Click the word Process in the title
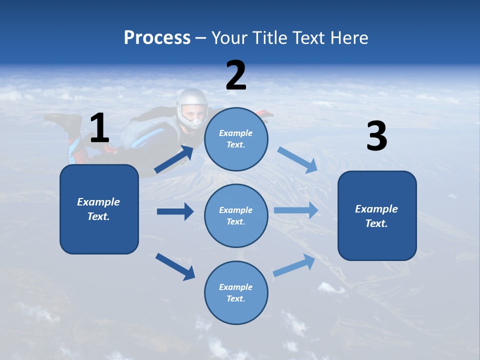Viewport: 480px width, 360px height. click(157, 37)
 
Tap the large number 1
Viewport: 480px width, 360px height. click(99, 128)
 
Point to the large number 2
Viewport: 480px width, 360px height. click(236, 75)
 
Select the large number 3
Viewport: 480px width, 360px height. click(376, 136)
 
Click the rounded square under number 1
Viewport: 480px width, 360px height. click(99, 209)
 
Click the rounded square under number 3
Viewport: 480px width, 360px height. click(377, 216)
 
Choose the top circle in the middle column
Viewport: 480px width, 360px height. click(236, 139)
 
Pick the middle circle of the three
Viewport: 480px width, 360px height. click(236, 215)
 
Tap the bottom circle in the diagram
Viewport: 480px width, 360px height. click(236, 292)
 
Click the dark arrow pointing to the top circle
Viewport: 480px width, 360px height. click(173, 159)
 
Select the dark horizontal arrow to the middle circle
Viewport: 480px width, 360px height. click(175, 211)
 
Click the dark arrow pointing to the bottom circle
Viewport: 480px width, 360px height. click(175, 266)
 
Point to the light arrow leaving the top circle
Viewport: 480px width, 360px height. click(297, 160)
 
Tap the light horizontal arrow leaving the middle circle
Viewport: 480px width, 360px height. click(296, 210)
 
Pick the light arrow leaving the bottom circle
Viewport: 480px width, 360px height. click(294, 265)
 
